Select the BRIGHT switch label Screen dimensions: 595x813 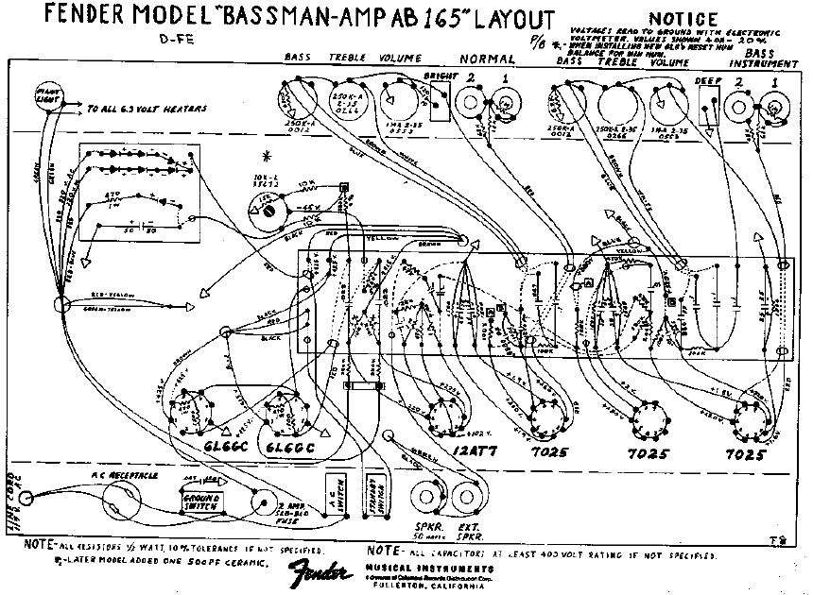pyautogui.click(x=441, y=75)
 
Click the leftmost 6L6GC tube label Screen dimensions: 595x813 pyautogui.click(x=199, y=445)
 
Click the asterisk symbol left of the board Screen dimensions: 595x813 pyautogui.click(x=275, y=155)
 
